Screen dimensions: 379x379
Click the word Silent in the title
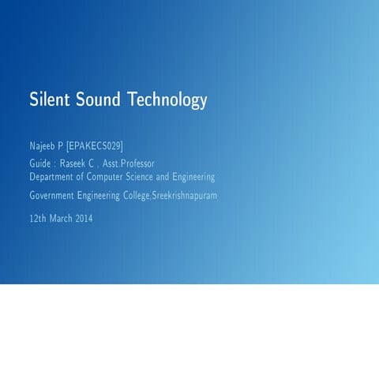pyautogui.click(x=51, y=100)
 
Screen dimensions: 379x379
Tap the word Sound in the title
pyautogui.click(x=102, y=100)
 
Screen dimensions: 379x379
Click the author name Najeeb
pyautogui.click(x=43, y=146)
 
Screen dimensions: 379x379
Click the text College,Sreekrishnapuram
pyautogui.click(x=178, y=195)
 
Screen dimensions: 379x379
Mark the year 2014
pyautogui.click(x=84, y=218)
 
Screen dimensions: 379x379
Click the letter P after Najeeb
pyautogui.click(x=61, y=146)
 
